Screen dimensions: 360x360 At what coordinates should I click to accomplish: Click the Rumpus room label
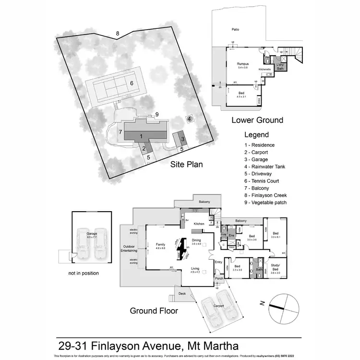243,63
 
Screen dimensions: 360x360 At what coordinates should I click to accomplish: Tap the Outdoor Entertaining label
128,248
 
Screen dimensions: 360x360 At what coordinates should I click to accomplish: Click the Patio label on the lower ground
235,30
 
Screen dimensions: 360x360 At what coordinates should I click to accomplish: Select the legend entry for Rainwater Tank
265,167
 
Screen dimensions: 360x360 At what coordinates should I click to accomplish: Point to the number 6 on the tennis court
131,83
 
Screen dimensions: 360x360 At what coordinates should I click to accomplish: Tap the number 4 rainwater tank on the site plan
190,119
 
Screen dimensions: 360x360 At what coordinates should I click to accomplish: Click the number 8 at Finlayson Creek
117,33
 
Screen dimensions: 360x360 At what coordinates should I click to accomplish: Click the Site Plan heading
187,164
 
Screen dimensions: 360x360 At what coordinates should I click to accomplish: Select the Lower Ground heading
257,120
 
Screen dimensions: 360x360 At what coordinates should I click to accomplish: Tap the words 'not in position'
84,273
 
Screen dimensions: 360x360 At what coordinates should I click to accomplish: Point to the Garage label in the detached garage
92,234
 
